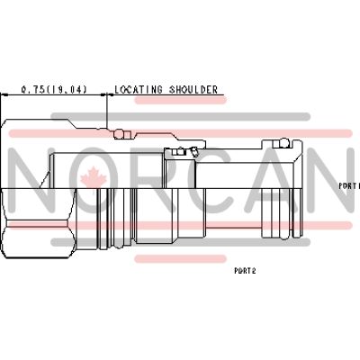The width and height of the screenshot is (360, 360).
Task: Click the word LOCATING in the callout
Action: tap(137, 90)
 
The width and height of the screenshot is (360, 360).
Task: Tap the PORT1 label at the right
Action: tap(348, 185)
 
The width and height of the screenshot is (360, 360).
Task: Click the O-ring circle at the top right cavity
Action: tap(284, 142)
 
